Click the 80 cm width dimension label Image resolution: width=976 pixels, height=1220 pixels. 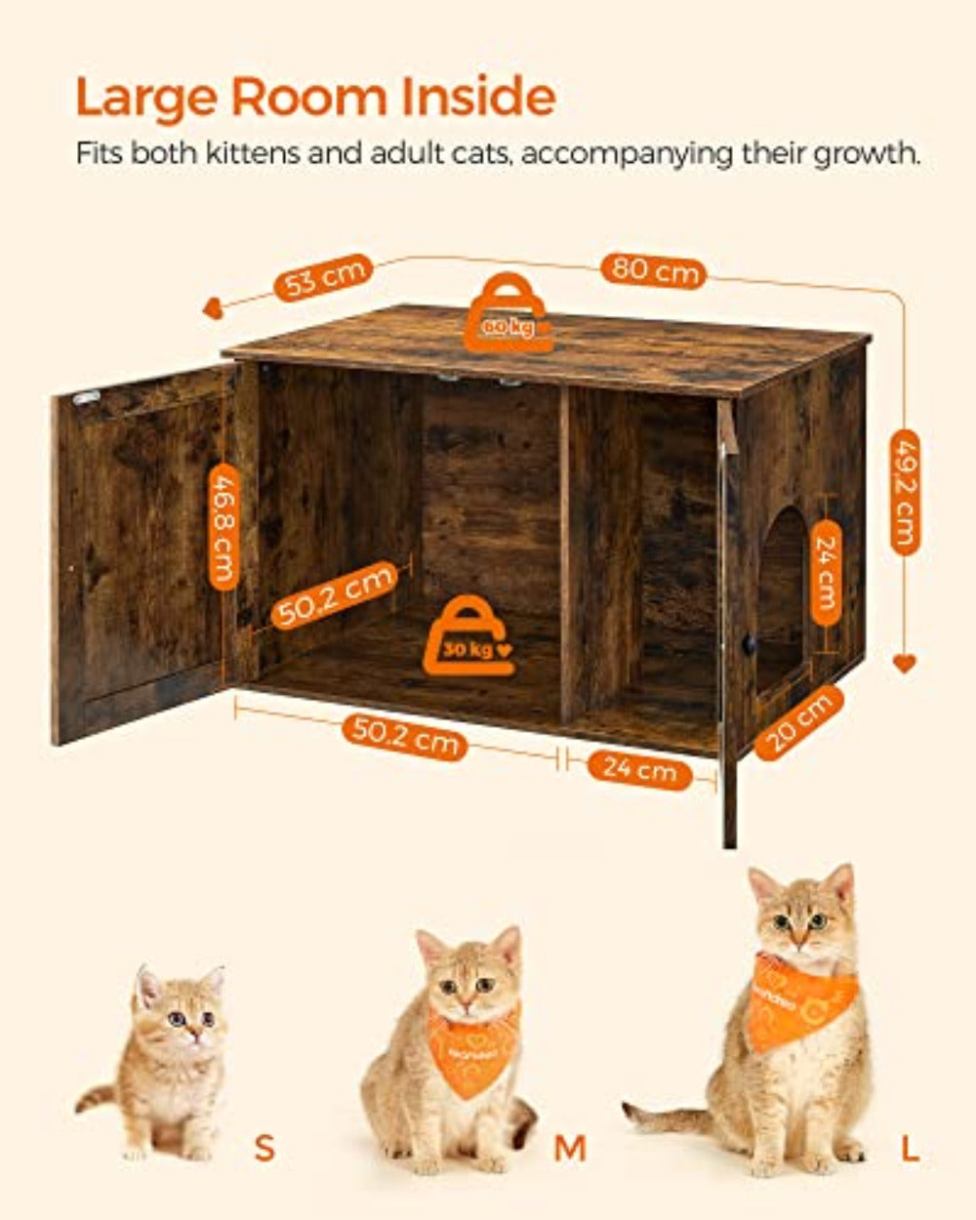tap(654, 268)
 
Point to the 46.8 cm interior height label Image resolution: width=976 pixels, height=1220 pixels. tap(224, 526)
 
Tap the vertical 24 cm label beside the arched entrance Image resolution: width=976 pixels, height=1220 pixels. tap(826, 574)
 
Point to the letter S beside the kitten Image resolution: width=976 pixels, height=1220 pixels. tap(264, 1148)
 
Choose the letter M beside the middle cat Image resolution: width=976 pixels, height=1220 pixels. tap(570, 1149)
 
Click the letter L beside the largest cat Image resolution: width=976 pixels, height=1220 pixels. tap(910, 1149)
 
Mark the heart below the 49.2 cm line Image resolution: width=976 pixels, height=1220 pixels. tap(904, 664)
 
